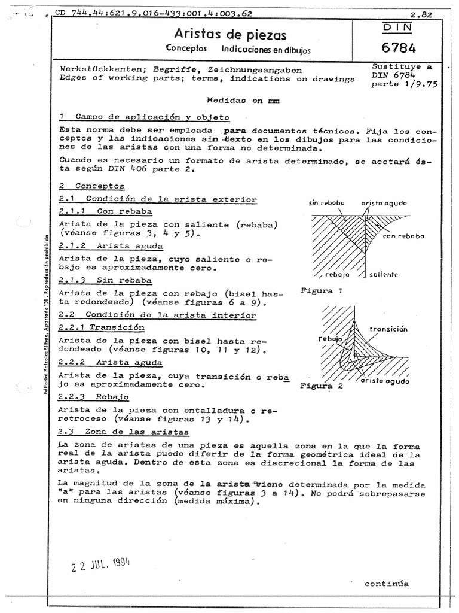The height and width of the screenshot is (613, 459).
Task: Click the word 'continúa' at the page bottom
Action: pyautogui.click(x=387, y=584)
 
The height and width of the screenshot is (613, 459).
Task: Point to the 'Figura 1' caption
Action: pyautogui.click(x=322, y=292)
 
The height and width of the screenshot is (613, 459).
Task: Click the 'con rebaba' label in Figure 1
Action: pyautogui.click(x=403, y=236)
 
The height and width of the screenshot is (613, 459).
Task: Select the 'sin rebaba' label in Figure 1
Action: pyautogui.click(x=327, y=203)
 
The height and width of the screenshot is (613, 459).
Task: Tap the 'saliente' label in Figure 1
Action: pyautogui.click(x=383, y=274)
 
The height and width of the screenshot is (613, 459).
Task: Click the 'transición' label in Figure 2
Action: pyautogui.click(x=388, y=329)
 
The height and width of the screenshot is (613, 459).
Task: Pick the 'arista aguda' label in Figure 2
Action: pyautogui.click(x=385, y=381)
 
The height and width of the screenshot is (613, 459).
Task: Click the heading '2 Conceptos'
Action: pyautogui.click(x=92, y=187)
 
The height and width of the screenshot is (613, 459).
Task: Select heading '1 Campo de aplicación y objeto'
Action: pyautogui.click(x=144, y=117)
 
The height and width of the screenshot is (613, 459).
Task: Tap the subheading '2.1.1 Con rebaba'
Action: pyautogui.click(x=105, y=211)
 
